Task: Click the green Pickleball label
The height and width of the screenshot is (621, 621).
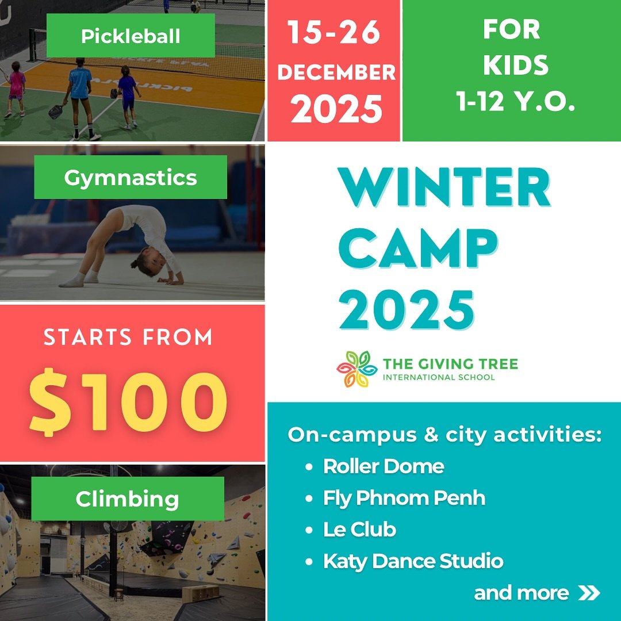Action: tap(131, 36)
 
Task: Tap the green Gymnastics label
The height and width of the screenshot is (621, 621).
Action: tap(131, 177)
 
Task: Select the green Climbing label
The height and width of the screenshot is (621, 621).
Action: tap(127, 499)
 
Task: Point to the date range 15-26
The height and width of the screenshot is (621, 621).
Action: tap(333, 34)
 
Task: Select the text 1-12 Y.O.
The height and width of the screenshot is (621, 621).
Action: tap(516, 102)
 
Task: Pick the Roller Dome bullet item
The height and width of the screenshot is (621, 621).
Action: tap(384, 466)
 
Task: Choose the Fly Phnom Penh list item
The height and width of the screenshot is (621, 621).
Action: tap(404, 497)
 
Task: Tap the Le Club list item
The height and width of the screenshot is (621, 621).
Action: tap(359, 529)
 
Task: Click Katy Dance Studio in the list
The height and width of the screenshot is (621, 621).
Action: tap(413, 561)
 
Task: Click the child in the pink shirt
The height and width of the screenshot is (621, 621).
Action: tap(16, 86)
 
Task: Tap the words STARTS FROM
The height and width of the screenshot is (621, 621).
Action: tap(128, 338)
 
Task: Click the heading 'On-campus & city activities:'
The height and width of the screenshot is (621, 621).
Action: tap(444, 435)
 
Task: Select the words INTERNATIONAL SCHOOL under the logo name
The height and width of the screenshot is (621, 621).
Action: tap(439, 377)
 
